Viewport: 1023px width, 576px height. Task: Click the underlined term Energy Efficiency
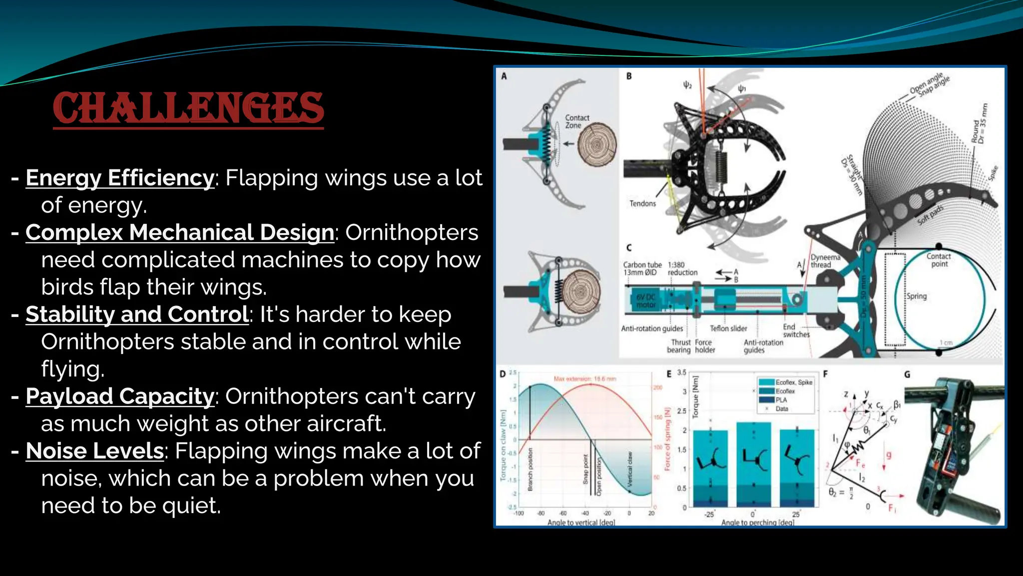click(x=120, y=178)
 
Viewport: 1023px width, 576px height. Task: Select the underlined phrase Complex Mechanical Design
click(x=180, y=232)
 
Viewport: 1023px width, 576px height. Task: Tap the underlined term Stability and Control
click(x=137, y=314)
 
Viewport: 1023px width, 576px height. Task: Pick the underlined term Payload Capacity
click(x=120, y=396)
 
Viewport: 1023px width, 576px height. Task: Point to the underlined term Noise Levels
click(x=95, y=451)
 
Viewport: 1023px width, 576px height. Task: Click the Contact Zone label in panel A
click(x=576, y=121)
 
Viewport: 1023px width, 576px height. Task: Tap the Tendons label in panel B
click(x=642, y=203)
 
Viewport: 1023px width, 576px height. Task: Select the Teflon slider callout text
click(x=728, y=328)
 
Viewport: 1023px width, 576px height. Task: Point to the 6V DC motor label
click(x=645, y=300)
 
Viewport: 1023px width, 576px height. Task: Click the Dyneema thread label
click(x=825, y=261)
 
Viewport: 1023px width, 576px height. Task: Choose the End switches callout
click(x=795, y=330)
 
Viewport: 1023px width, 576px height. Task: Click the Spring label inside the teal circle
click(x=916, y=296)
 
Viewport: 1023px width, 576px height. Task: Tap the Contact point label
click(x=938, y=260)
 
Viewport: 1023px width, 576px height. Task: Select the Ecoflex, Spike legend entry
click(x=793, y=382)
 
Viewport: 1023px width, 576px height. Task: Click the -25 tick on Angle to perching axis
click(x=709, y=514)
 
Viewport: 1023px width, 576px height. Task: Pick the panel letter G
click(x=907, y=374)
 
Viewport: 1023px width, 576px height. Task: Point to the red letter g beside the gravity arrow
click(x=889, y=455)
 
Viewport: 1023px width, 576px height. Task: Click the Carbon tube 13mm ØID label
click(x=642, y=268)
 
